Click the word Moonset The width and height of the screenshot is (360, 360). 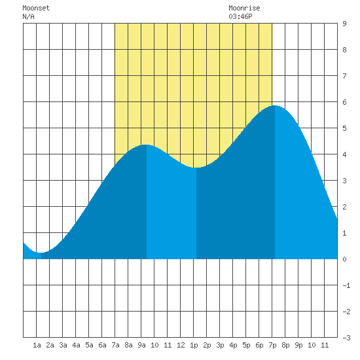pyautogui.click(x=36, y=8)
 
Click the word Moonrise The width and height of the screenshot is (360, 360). pyautogui.click(x=244, y=8)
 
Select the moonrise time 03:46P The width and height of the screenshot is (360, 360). pyautogui.click(x=240, y=16)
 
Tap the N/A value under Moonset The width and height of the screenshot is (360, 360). pyautogui.click(x=28, y=16)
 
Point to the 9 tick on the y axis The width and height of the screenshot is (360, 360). pyautogui.click(x=344, y=24)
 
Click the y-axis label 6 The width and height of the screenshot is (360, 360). pyautogui.click(x=344, y=102)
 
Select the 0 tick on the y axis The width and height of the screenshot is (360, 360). pyautogui.click(x=344, y=259)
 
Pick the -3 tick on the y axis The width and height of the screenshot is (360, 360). pyautogui.click(x=346, y=338)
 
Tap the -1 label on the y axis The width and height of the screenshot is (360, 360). pyautogui.click(x=346, y=285)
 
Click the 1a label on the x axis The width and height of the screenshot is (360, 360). pyautogui.click(x=37, y=345)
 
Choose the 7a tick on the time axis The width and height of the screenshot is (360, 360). pyautogui.click(x=115, y=345)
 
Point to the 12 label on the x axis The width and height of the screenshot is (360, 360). pyautogui.click(x=181, y=345)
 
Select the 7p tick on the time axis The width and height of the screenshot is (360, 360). pyautogui.click(x=272, y=345)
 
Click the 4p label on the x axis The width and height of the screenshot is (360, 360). pyautogui.click(x=233, y=345)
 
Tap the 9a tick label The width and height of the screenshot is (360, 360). pyautogui.click(x=141, y=345)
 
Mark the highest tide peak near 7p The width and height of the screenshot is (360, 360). pyautogui.click(x=275, y=105)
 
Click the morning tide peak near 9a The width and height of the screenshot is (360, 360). pyautogui.click(x=146, y=145)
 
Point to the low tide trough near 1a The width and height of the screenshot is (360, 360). pyautogui.click(x=41, y=253)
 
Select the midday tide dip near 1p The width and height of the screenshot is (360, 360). pyautogui.click(x=196, y=168)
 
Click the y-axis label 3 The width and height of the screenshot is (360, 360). pyautogui.click(x=344, y=181)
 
